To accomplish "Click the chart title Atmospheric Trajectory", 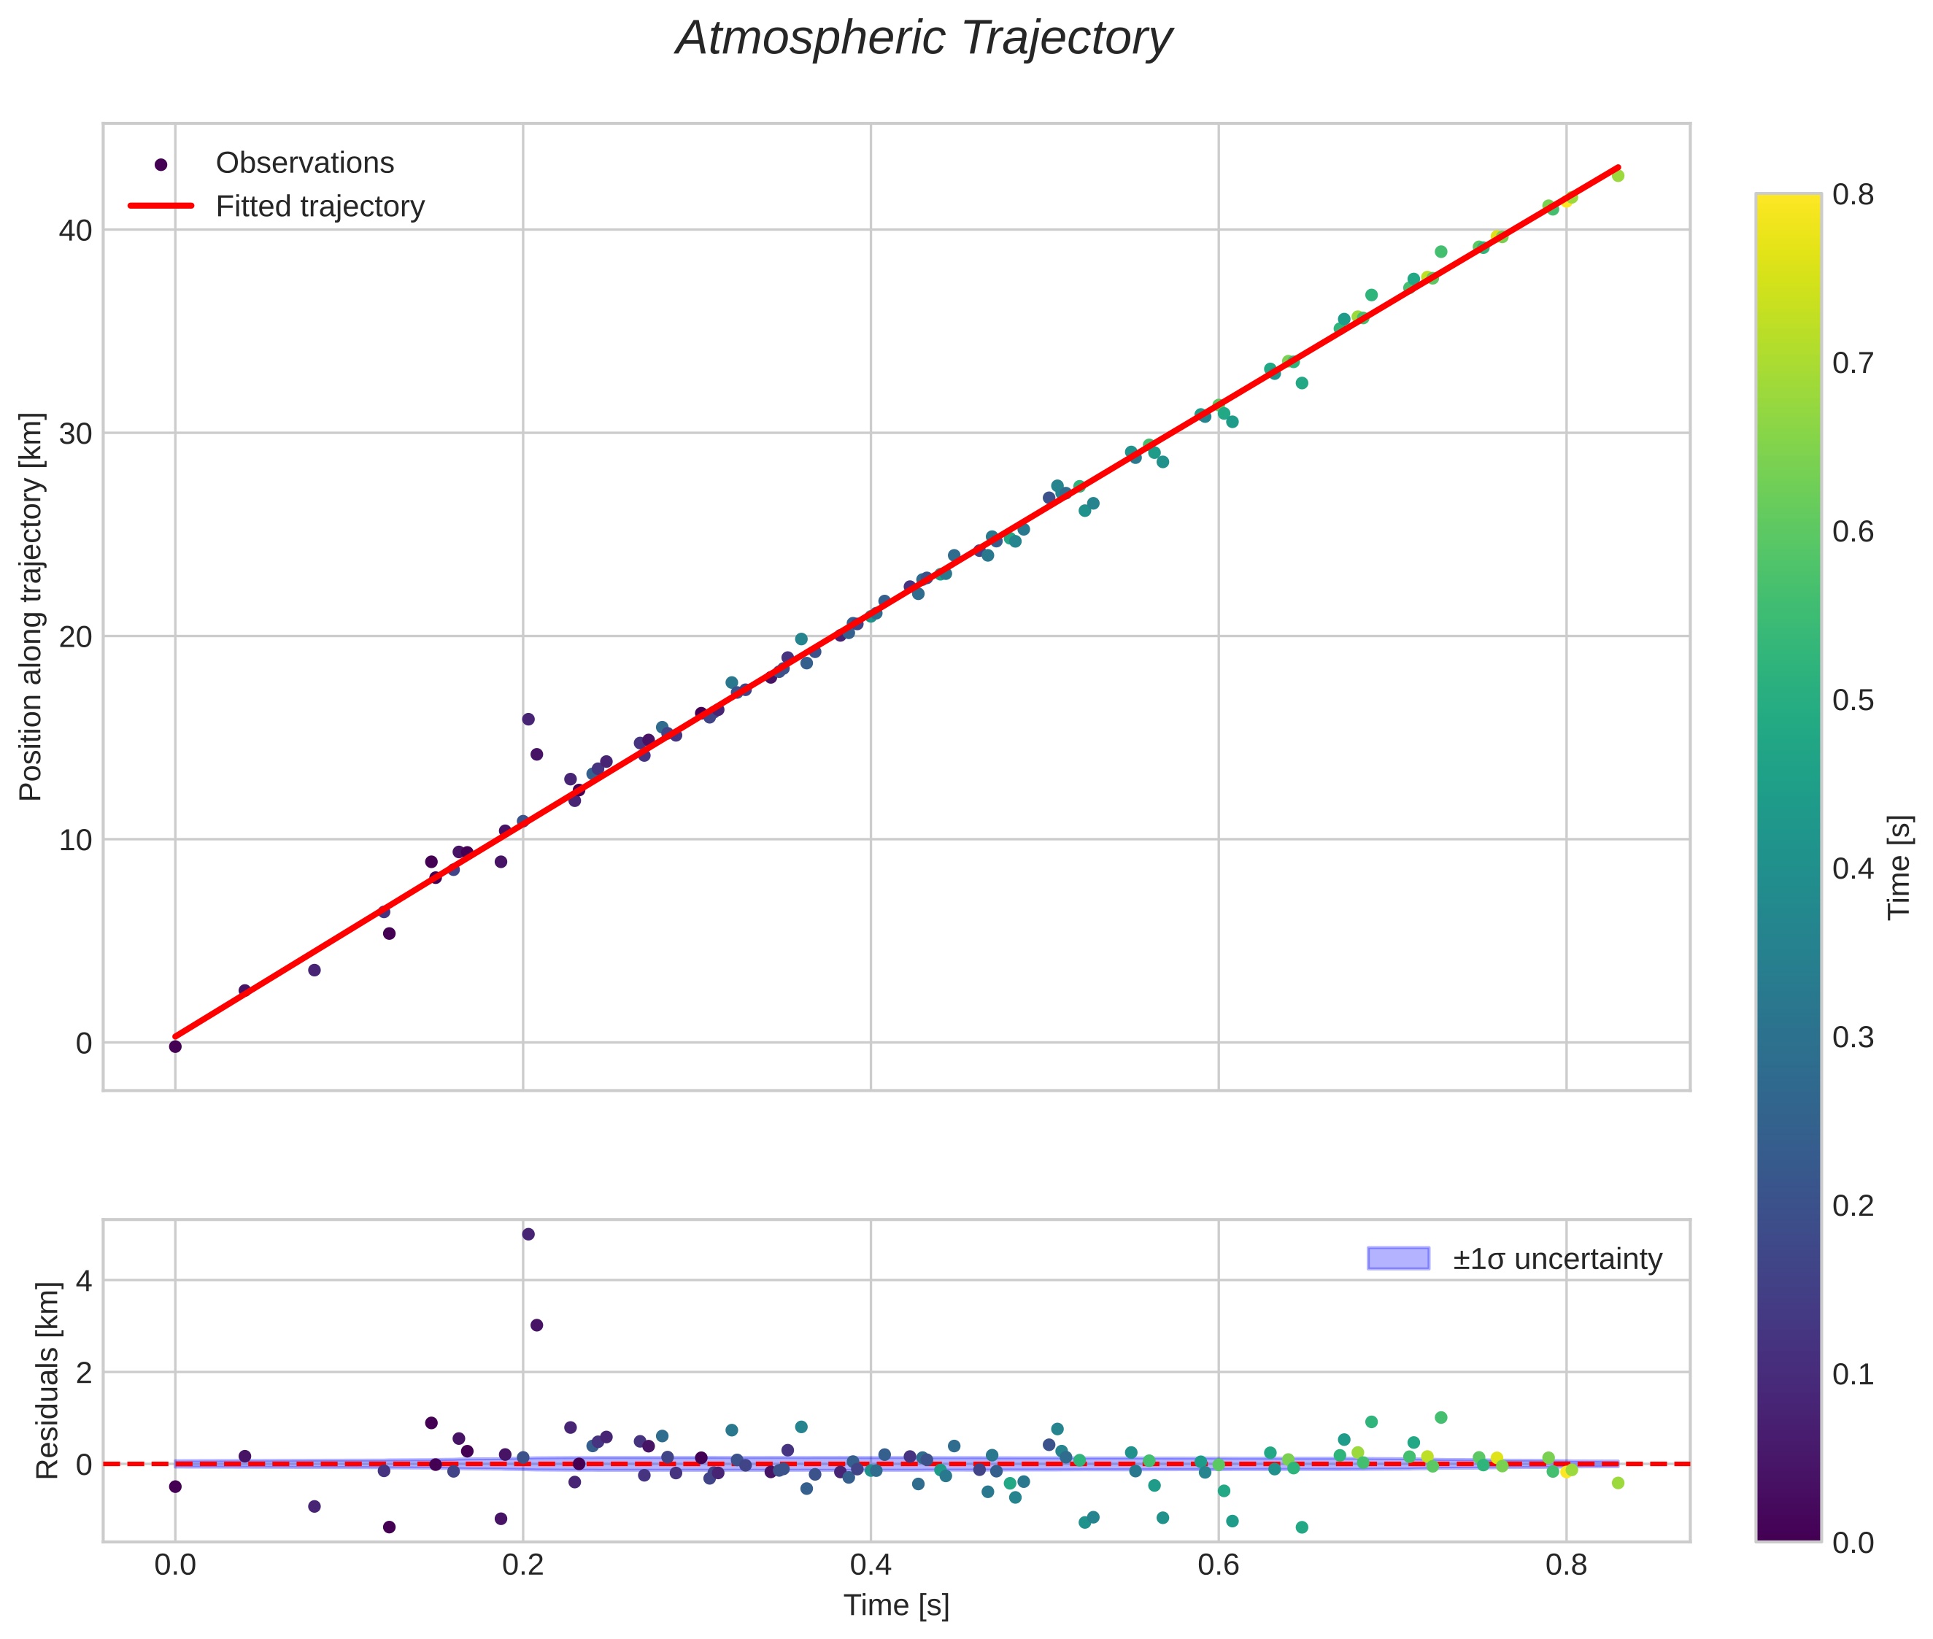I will point(923,39).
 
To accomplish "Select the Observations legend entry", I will point(305,163).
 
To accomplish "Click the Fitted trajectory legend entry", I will point(320,207).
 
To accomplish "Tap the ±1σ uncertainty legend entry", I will point(1556,1259).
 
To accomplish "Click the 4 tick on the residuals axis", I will point(84,1281).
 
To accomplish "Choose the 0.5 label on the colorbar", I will point(1852,700).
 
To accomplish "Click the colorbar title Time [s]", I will point(1900,868).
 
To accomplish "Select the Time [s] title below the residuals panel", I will point(895,1605).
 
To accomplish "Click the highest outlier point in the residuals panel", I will point(528,1234).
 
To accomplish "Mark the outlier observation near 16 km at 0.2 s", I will point(528,719).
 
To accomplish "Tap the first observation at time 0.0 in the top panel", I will point(174,1046).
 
